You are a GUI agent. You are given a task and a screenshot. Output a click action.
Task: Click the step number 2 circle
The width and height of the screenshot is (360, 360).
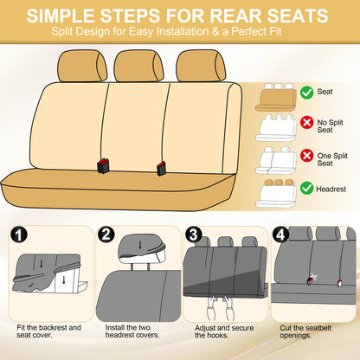coord(106,235)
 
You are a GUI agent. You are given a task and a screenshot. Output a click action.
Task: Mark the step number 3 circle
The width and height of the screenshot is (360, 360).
coord(193,235)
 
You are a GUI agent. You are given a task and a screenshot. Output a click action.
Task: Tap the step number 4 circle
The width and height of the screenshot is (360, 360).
coord(280,235)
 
